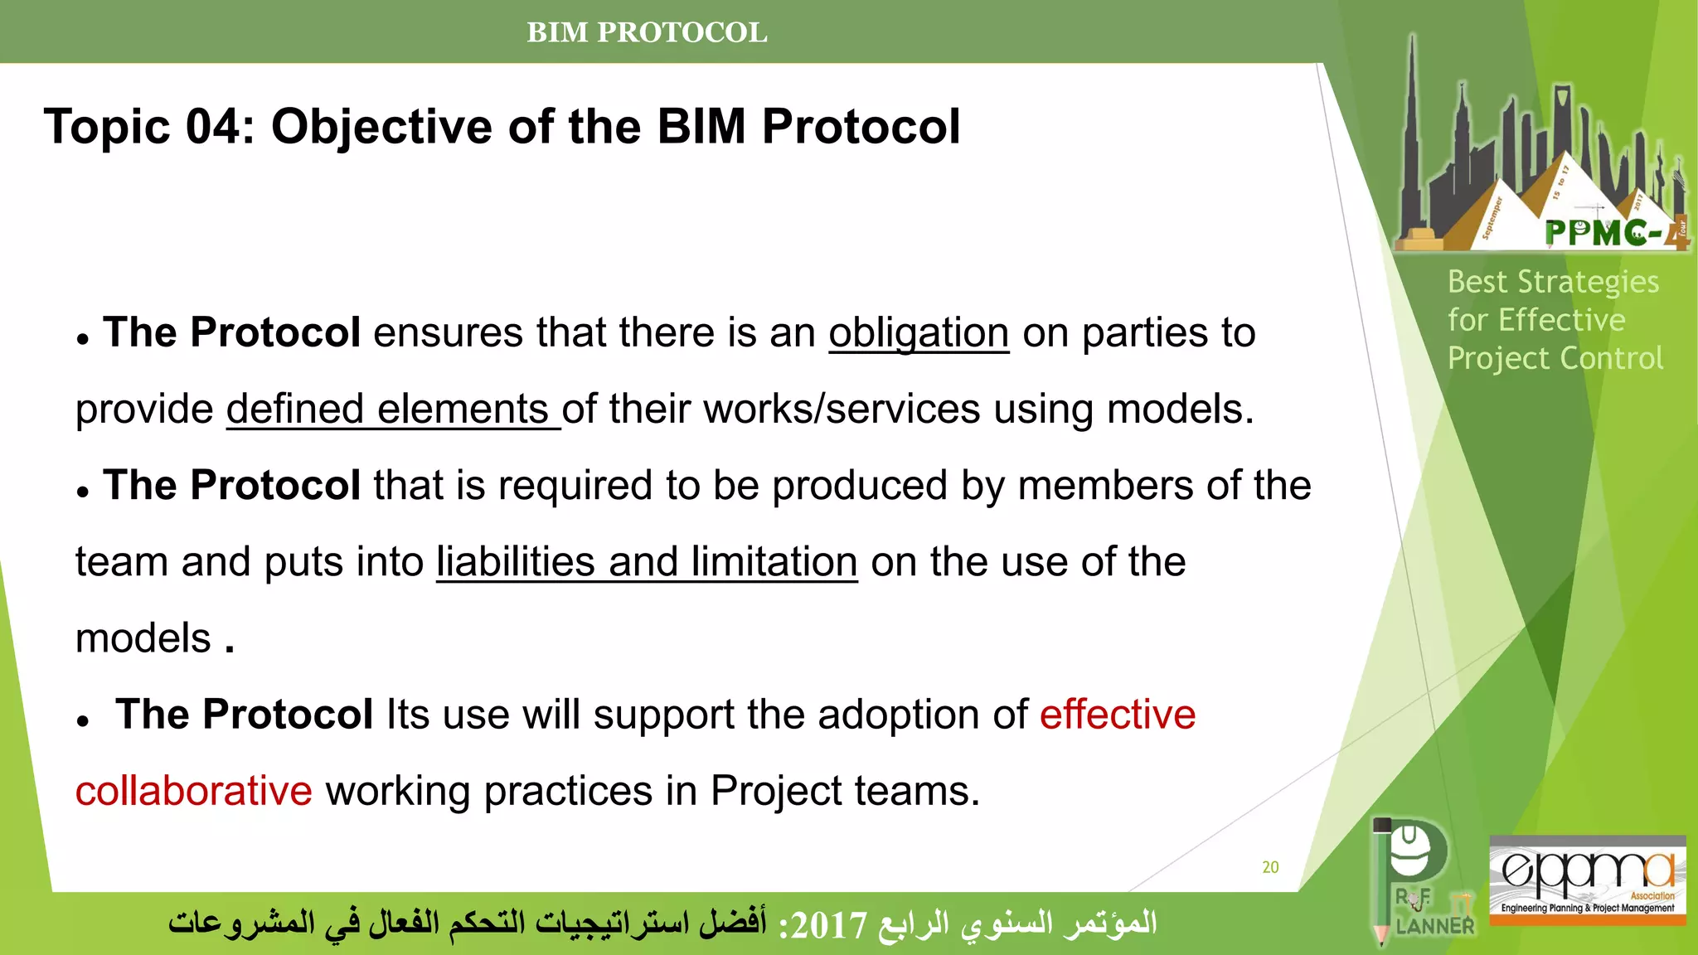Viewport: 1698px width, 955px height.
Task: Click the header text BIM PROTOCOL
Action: coord(647,32)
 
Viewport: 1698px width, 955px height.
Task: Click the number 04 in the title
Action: coord(220,127)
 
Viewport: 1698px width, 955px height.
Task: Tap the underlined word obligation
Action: coord(919,333)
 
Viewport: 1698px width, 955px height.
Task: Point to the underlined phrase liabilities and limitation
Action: coord(647,562)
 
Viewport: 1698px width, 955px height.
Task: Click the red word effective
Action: coord(1118,715)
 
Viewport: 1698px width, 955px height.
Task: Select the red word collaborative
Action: coord(193,791)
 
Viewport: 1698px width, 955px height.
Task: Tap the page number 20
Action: coord(1270,867)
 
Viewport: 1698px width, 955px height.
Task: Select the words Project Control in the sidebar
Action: coord(1555,358)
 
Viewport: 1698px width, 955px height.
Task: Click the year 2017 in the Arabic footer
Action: coord(828,924)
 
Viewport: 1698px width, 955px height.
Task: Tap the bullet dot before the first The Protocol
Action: coord(82,339)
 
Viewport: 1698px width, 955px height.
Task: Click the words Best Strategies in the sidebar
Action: coord(1553,282)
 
